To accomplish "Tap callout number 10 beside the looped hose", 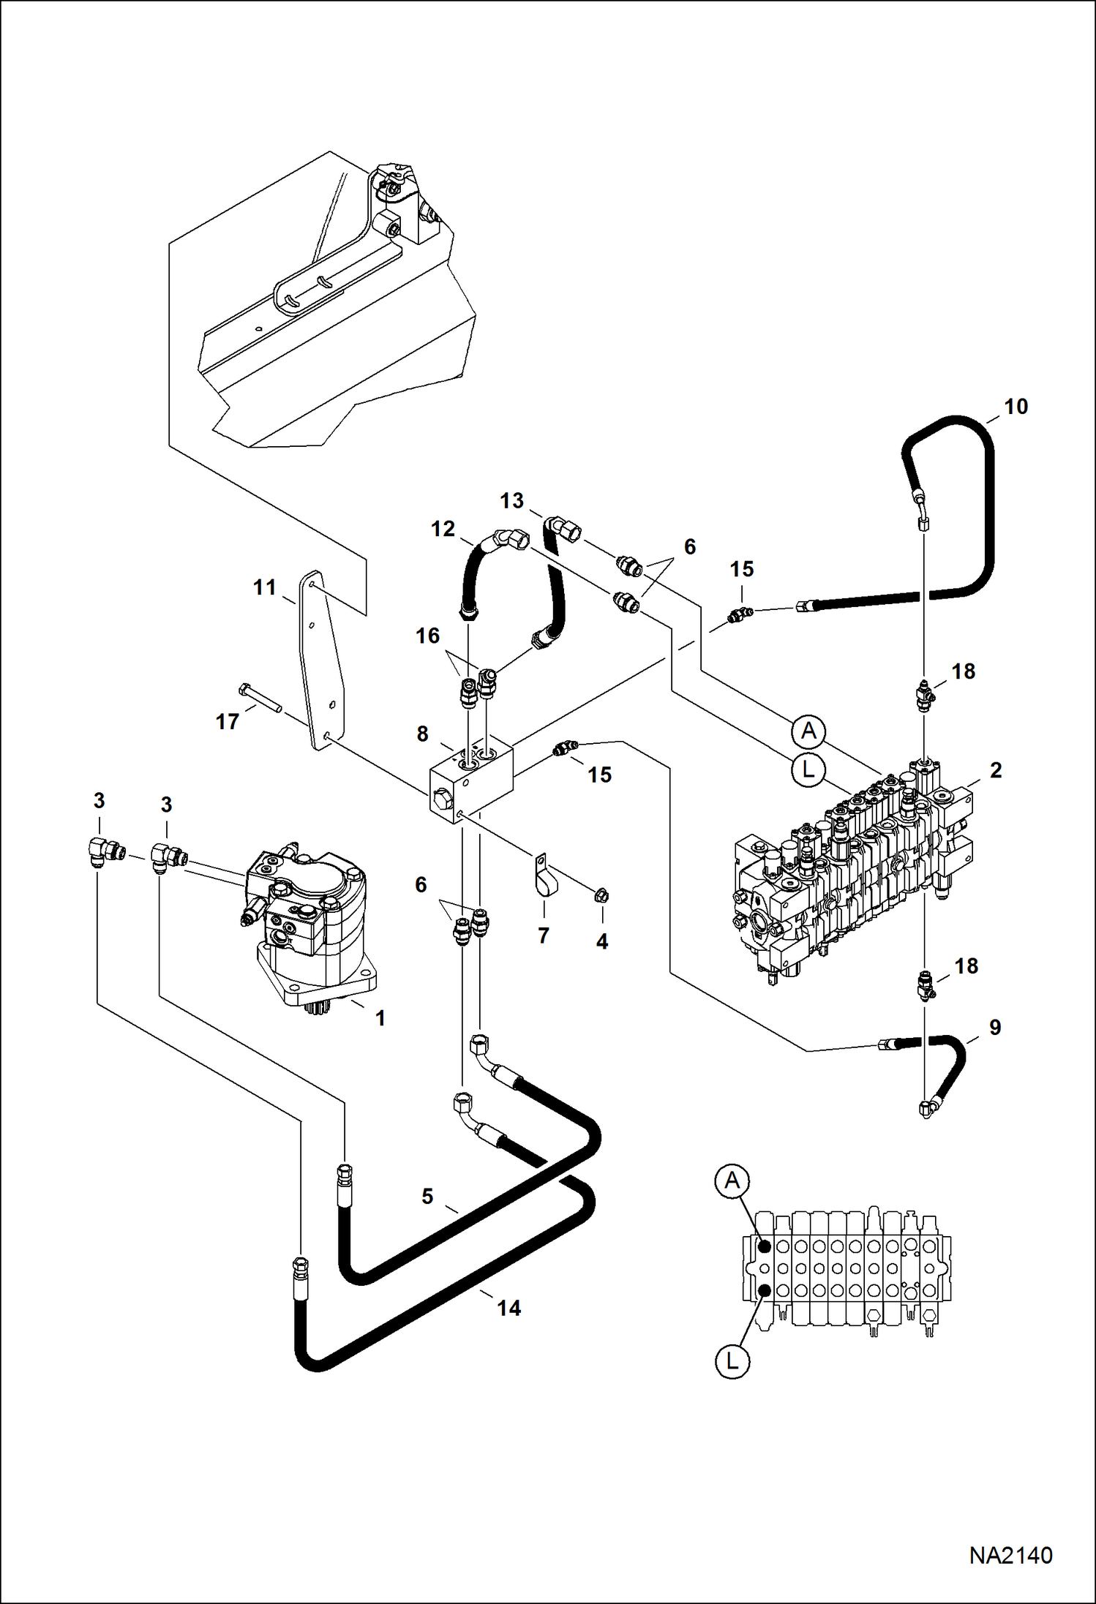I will tap(1016, 407).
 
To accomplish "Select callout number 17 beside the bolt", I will tap(228, 722).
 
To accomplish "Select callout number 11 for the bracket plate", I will tap(264, 587).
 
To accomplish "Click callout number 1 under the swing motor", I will tap(380, 1017).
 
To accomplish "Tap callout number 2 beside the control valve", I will tap(996, 770).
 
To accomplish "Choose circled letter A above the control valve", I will tap(808, 731).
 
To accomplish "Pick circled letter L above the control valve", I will tap(808, 769).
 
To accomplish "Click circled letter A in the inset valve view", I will tap(732, 1181).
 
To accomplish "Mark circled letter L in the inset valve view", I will tap(732, 1361).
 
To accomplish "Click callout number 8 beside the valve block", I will tap(422, 734).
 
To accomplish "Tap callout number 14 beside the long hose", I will tap(508, 1308).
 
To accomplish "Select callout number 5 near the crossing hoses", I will tap(427, 1197).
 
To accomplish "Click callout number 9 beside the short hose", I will tap(995, 1028).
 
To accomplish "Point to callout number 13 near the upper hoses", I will tap(511, 501).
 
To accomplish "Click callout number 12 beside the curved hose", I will tap(443, 529).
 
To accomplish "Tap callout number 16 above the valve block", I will tap(428, 636).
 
